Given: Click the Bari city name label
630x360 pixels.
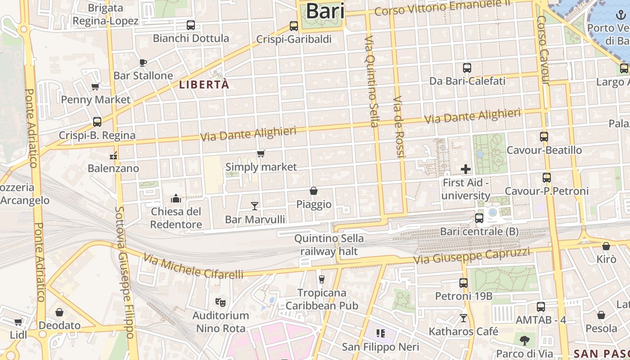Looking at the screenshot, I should point(325,11).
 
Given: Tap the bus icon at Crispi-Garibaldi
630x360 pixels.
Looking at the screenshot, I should point(294,26).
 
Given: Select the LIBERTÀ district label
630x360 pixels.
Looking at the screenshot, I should point(204,85).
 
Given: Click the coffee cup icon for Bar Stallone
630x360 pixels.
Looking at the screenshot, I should point(143,63).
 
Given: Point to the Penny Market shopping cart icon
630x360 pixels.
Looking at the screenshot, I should point(95,87).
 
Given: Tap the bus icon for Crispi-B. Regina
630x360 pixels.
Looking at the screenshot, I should point(97,122).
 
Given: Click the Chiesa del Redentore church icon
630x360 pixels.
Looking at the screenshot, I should point(175,198).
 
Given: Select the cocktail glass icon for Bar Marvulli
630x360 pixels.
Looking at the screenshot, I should point(255,206).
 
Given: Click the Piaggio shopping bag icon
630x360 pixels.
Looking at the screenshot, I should point(314,191).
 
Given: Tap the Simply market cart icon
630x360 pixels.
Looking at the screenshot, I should point(261,154).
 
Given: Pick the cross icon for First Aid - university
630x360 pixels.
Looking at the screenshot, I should point(466,169).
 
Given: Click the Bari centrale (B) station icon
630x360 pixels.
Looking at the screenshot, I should point(479,218).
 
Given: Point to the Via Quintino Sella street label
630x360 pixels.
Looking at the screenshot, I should point(371,81).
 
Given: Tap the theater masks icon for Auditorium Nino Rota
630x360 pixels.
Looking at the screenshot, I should point(220,302).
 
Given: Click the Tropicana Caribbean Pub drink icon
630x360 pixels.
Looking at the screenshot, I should point(321,279).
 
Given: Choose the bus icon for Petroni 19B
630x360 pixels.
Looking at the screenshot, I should point(463,283).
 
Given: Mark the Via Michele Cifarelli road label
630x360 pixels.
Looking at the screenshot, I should point(193,266).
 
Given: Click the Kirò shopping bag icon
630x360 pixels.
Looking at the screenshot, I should point(606,246).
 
